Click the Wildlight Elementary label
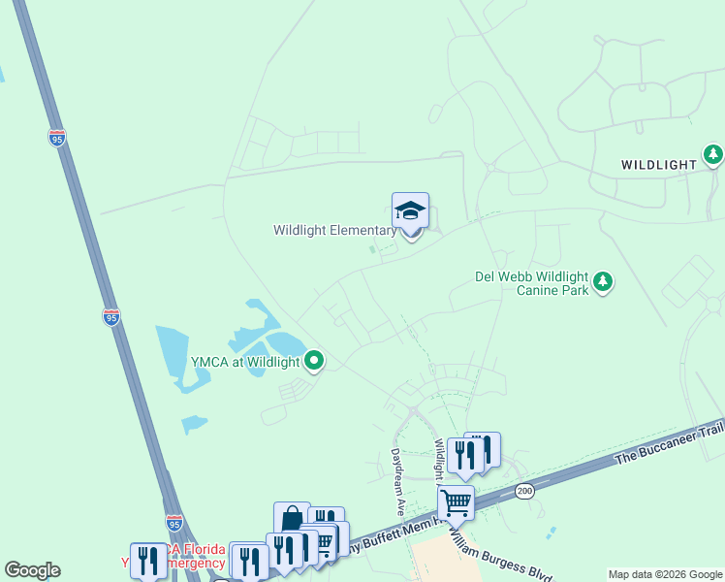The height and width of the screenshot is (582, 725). click(334, 231)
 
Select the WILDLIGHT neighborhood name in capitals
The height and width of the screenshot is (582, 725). click(659, 165)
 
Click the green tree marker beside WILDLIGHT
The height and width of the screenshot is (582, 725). click(713, 155)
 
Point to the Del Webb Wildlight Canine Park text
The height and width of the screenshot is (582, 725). click(531, 282)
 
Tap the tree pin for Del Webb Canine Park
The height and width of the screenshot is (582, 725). click(603, 281)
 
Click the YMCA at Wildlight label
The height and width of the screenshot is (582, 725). click(246, 362)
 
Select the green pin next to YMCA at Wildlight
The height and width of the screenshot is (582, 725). click(314, 362)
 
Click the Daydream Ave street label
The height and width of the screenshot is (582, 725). click(396, 480)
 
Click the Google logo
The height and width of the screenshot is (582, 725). click(32, 570)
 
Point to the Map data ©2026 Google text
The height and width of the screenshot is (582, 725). click(665, 574)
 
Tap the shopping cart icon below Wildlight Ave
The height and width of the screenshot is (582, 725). click(455, 504)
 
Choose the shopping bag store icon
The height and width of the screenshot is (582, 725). click(292, 520)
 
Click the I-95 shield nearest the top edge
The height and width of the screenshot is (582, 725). click(56, 139)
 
